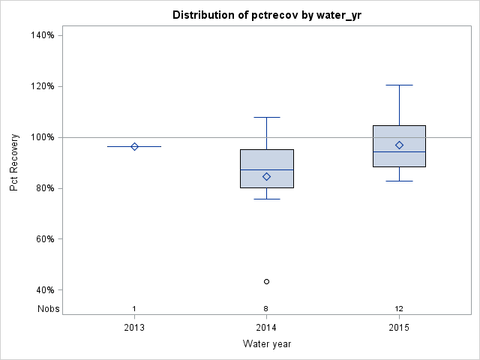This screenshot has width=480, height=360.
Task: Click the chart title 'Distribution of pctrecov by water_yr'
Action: [267, 15]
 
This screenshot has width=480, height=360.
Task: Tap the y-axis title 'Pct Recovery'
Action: [14, 163]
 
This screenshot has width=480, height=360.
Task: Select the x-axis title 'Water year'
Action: [267, 343]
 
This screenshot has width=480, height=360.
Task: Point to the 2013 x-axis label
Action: [134, 327]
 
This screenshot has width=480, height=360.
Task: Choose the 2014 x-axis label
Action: [267, 327]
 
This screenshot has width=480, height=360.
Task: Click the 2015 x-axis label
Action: [399, 327]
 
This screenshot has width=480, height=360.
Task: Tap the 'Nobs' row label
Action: [47, 308]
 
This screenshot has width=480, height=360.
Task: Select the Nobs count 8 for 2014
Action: [267, 308]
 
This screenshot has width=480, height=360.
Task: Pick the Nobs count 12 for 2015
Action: [399, 308]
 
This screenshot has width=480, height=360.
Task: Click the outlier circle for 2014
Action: [267, 281]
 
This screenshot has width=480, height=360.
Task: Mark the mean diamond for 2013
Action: [134, 146]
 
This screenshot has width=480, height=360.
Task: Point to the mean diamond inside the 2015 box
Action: [399, 145]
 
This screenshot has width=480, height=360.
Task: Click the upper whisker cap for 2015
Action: [399, 85]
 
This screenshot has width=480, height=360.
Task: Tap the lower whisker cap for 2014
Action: [267, 199]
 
